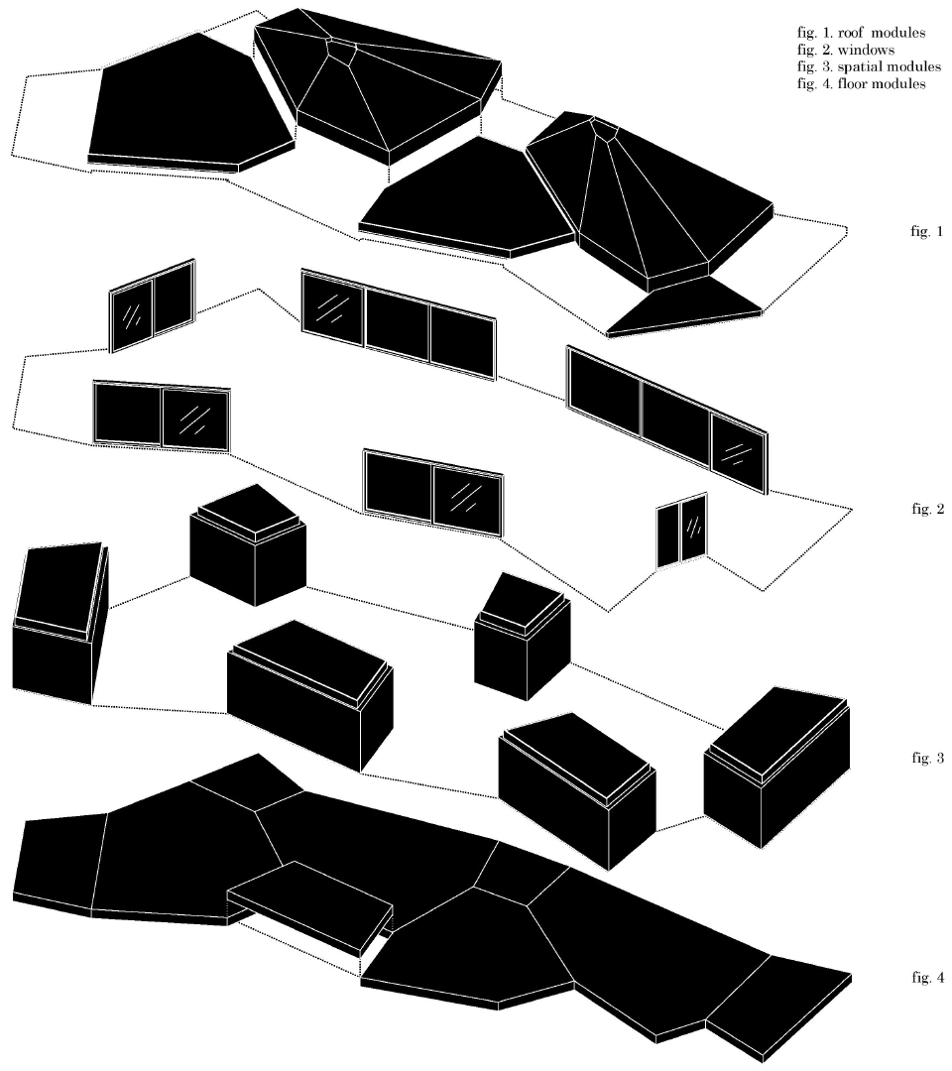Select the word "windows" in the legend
click(866, 50)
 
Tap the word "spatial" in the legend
click(861, 67)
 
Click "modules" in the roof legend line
click(900, 33)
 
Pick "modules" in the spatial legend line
click(915, 67)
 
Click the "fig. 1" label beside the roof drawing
click(927, 231)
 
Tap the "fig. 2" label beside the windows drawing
click(927, 509)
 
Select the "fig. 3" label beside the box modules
click(927, 758)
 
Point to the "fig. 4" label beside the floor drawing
click(927, 978)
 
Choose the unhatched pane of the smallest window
click(668, 536)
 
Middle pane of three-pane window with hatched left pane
click(398, 326)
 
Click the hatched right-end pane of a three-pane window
click(738, 453)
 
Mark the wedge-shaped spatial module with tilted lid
click(60, 624)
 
